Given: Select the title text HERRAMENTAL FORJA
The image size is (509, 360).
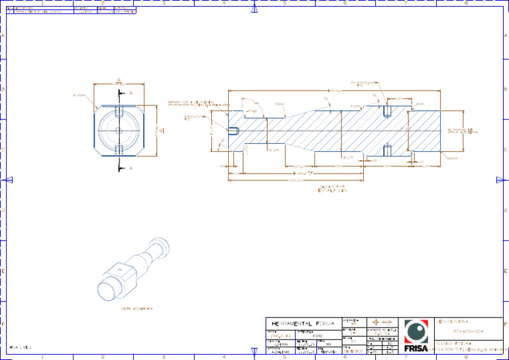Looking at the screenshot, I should click(x=300, y=324).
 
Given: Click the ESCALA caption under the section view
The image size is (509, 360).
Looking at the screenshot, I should click(x=333, y=191).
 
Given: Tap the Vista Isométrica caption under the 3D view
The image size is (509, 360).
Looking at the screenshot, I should click(x=137, y=308).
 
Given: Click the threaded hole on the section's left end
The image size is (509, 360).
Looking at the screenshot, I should click(x=233, y=130).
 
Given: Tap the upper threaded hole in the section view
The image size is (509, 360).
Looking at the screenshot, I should click(x=388, y=110).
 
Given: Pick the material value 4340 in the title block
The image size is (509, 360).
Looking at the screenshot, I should click(x=317, y=336).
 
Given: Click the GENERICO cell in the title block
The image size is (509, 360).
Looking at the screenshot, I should click(x=353, y=351).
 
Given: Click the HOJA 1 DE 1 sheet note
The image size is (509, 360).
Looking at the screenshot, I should click(x=21, y=347).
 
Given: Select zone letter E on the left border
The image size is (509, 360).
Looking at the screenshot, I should click(x=3, y=271).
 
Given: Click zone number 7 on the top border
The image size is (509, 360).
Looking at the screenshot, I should click(x=406, y=3).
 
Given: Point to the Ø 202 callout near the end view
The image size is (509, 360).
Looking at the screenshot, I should click(x=79, y=95).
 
